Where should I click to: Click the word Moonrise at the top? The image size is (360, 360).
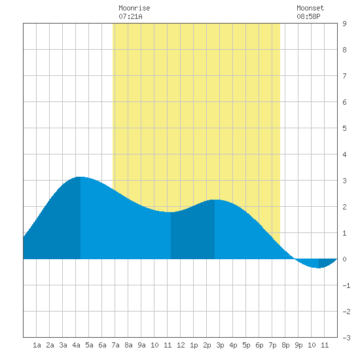134,8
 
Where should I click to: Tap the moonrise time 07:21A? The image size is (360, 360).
130,16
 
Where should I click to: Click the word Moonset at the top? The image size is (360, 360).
310,8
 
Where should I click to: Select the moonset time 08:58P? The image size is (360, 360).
308,16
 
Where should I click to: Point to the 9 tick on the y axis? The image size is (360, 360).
344,24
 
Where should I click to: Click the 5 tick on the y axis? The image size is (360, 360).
344,128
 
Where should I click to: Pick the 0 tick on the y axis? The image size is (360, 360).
344,259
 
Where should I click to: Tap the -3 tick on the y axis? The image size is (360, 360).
346,338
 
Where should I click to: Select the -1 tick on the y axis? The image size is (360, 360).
346,285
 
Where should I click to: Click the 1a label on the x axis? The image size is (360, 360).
37,345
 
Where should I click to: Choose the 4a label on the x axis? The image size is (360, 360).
76,345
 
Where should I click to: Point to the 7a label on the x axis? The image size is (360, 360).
115,345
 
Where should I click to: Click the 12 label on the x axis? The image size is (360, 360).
181,345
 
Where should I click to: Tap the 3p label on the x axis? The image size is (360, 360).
220,345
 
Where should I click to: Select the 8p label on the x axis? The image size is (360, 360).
285,345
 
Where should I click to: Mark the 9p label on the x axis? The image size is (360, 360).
298,345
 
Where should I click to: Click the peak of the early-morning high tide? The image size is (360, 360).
80,177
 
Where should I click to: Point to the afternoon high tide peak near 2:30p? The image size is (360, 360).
215,200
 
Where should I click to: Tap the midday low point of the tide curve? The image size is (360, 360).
171,212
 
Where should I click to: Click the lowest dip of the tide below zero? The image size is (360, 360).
319,268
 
